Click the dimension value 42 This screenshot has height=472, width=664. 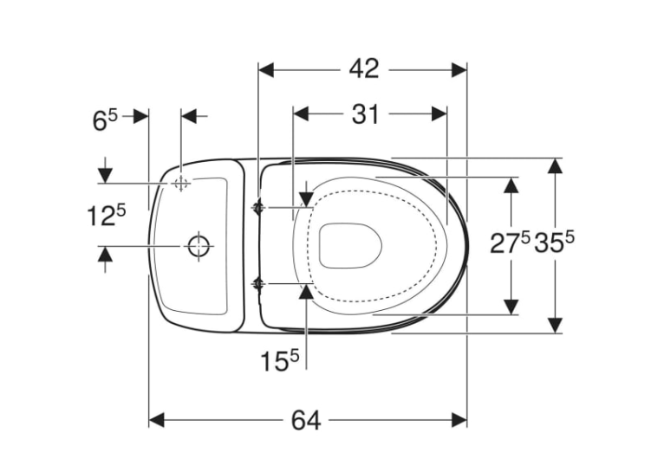(364, 69)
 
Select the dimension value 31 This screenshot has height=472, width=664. (365, 114)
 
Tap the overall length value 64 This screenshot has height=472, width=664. (306, 420)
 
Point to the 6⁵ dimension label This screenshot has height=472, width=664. (105, 120)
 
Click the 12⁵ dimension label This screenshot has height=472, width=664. (107, 215)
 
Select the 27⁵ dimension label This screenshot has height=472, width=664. (510, 242)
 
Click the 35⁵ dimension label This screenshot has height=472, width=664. (554, 242)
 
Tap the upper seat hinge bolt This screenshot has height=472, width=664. (257, 207)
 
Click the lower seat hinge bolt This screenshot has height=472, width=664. (257, 284)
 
